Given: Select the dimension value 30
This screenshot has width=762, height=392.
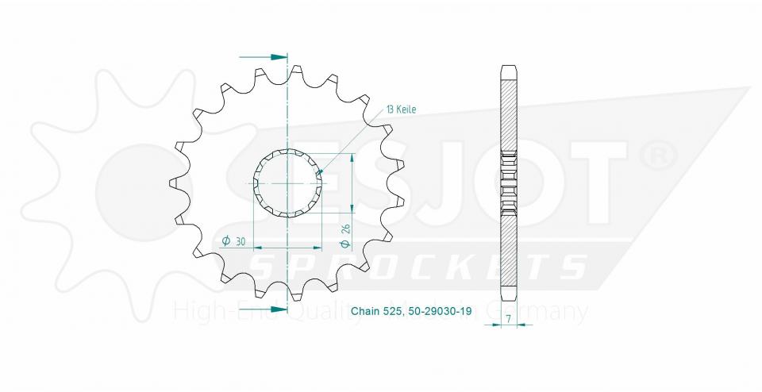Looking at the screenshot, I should point(239,241).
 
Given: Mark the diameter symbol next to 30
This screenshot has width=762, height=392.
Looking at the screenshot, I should point(225,241).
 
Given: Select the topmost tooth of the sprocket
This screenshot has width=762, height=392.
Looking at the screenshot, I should point(297,71).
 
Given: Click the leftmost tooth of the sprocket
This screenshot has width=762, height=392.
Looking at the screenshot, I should point(173,183).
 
